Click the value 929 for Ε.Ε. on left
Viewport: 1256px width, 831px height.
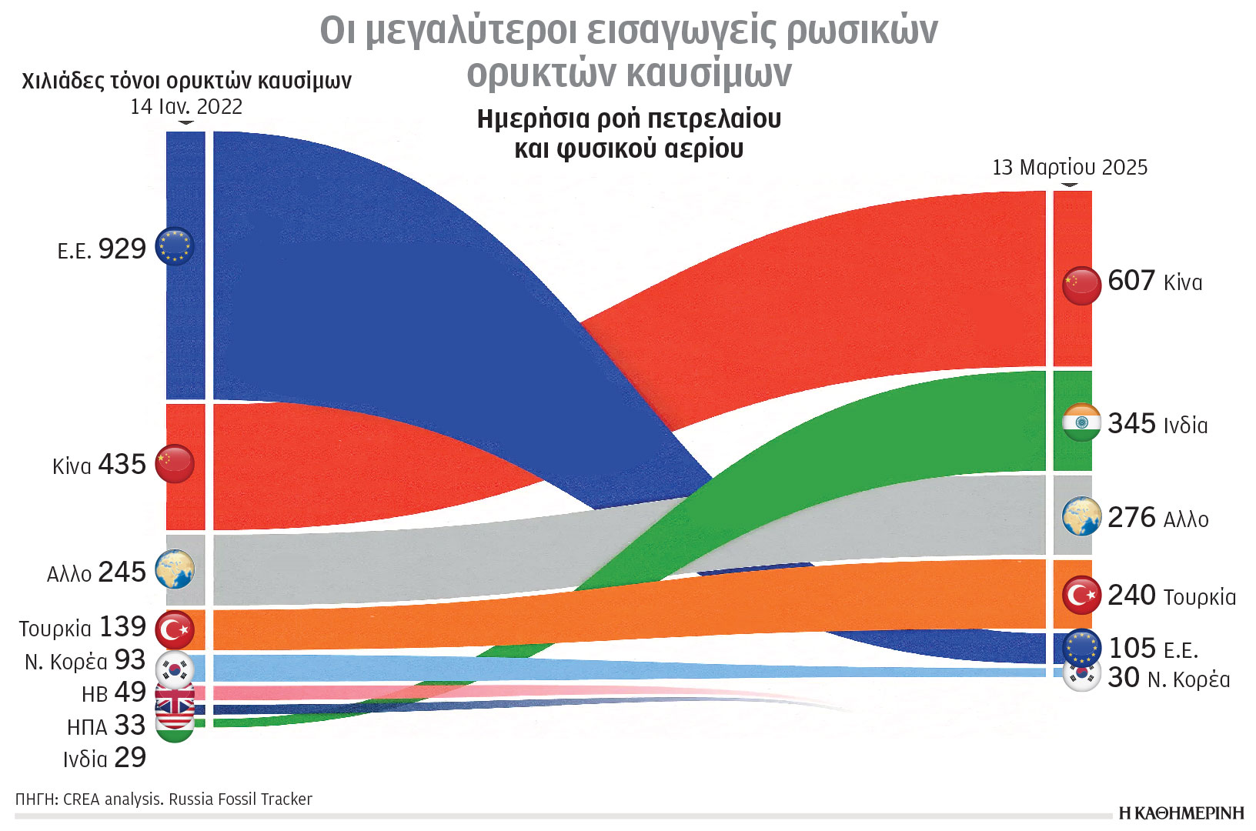pos(122,249)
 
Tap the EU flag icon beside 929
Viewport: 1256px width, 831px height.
pos(175,246)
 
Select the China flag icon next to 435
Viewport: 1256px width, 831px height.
pos(175,464)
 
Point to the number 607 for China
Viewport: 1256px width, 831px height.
pos(1131,281)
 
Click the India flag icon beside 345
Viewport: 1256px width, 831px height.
pos(1081,422)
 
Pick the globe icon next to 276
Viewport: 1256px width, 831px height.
pos(1081,516)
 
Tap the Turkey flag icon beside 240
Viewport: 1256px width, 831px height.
pos(1081,595)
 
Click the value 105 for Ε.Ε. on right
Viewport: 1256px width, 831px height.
pos(1131,649)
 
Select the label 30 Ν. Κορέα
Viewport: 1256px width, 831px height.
pos(1168,679)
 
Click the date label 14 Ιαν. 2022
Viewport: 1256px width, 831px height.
pos(186,107)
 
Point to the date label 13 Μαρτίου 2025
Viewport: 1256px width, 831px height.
pos(1069,168)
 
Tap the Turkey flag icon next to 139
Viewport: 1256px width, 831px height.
pos(175,630)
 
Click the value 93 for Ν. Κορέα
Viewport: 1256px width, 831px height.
pos(130,660)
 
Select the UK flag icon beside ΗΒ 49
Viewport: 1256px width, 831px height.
pos(175,697)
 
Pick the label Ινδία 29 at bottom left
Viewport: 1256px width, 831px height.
pos(105,758)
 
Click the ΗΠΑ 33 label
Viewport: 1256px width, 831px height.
pos(106,726)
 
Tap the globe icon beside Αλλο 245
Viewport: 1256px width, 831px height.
pos(175,570)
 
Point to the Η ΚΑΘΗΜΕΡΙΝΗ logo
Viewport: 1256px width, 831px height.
pos(1181,813)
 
